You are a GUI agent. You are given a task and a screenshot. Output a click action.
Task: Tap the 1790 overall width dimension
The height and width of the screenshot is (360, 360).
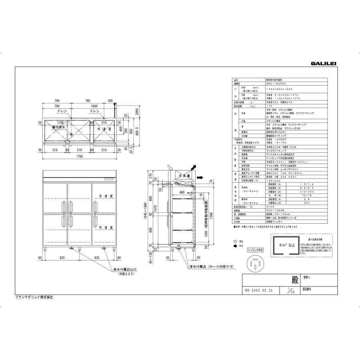pos(80,157)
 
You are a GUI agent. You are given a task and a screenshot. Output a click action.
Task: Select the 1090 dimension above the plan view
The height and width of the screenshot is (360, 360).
pos(83,106)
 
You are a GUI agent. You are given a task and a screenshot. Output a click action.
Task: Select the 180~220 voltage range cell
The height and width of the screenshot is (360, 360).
pos(271,180)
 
